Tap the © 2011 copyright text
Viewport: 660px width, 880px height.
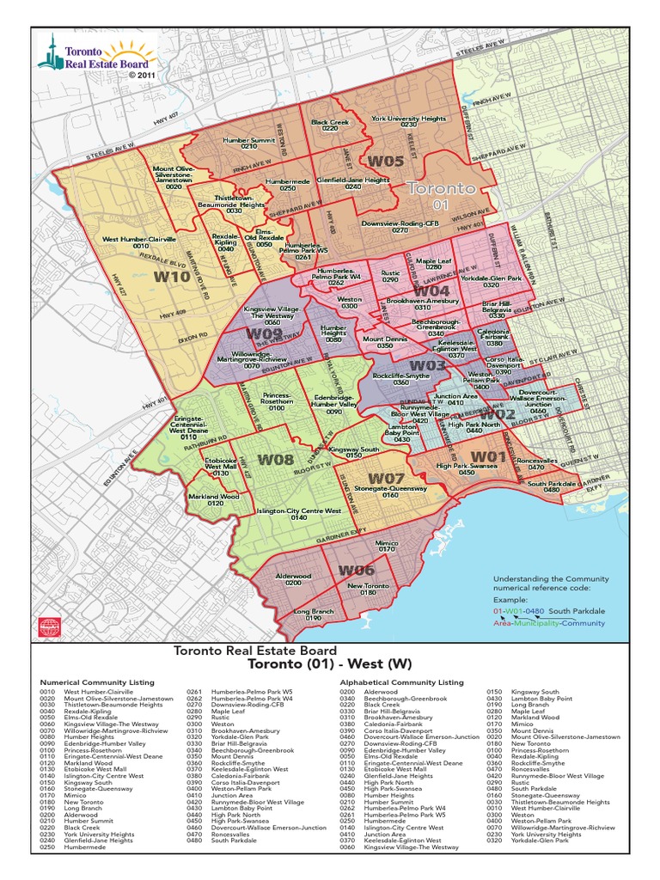click(x=144, y=76)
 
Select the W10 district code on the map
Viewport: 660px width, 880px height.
click(x=172, y=278)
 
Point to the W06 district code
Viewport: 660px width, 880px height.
click(x=356, y=570)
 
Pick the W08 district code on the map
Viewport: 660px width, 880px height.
click(x=276, y=460)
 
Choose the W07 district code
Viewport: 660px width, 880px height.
click(x=387, y=478)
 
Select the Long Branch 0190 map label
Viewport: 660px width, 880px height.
click(x=313, y=614)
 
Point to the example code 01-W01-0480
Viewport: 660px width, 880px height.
click(x=520, y=610)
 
